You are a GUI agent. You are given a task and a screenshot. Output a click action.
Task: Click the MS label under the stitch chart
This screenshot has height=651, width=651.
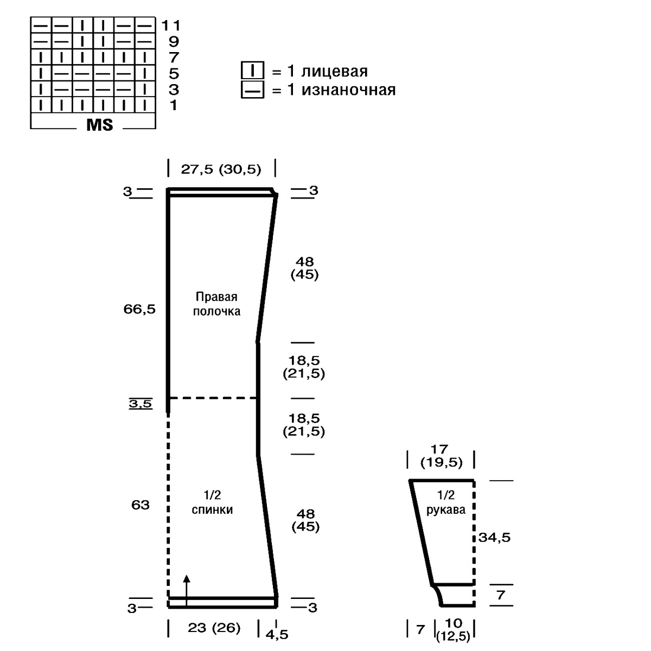(100, 125)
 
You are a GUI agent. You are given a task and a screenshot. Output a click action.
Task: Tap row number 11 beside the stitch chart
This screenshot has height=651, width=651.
(171, 25)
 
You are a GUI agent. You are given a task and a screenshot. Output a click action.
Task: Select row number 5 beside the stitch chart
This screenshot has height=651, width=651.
(174, 74)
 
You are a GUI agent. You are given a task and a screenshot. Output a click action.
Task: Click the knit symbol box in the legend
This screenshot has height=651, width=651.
(252, 71)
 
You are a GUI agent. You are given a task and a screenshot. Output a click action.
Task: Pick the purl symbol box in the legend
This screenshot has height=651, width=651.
(252, 90)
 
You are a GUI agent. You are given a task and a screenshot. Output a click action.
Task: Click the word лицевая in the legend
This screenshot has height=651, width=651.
(334, 72)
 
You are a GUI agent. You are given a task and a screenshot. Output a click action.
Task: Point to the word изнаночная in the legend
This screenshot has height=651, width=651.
(348, 90)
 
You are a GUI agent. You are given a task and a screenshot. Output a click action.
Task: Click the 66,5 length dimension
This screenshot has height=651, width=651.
(139, 309)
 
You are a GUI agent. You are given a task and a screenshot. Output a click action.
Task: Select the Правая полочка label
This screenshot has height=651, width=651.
(216, 304)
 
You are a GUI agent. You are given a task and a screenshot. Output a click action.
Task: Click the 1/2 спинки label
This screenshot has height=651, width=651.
(212, 502)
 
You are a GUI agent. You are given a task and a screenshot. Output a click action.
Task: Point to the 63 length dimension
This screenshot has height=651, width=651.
(140, 505)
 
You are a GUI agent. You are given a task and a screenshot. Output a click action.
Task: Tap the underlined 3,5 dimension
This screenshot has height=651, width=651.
(141, 404)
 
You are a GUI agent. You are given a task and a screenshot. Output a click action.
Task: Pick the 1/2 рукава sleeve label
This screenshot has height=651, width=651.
(446, 502)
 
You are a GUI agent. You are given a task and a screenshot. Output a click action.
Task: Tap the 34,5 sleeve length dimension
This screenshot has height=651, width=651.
(495, 538)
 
